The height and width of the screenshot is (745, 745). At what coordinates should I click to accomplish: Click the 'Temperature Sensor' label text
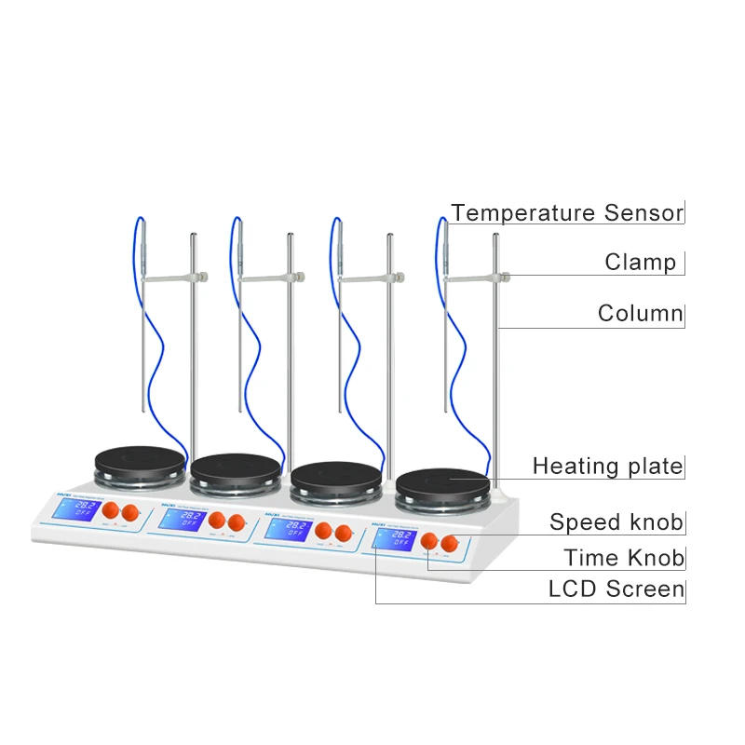click(567, 212)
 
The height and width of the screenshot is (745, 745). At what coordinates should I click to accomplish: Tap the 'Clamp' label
click(641, 262)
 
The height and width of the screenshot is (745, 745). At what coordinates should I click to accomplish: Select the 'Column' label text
click(640, 313)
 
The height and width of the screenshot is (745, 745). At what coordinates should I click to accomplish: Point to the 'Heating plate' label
click(607, 466)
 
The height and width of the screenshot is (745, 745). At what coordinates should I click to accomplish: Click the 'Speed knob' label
click(616, 521)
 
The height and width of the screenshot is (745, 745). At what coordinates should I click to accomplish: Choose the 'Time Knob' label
click(623, 558)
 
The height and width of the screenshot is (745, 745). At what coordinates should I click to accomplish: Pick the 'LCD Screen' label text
click(616, 589)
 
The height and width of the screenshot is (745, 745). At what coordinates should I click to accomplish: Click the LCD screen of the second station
click(180, 518)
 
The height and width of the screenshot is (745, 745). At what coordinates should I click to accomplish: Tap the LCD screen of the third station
click(287, 528)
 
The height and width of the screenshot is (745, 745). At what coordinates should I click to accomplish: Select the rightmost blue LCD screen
click(395, 539)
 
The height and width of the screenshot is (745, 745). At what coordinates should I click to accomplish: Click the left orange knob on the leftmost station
click(109, 510)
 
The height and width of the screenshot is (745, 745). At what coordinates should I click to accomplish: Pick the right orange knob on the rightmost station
click(451, 543)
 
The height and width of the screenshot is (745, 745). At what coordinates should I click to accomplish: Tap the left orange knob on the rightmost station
click(429, 541)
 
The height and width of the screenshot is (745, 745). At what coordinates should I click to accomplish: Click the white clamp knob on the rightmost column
click(505, 275)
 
